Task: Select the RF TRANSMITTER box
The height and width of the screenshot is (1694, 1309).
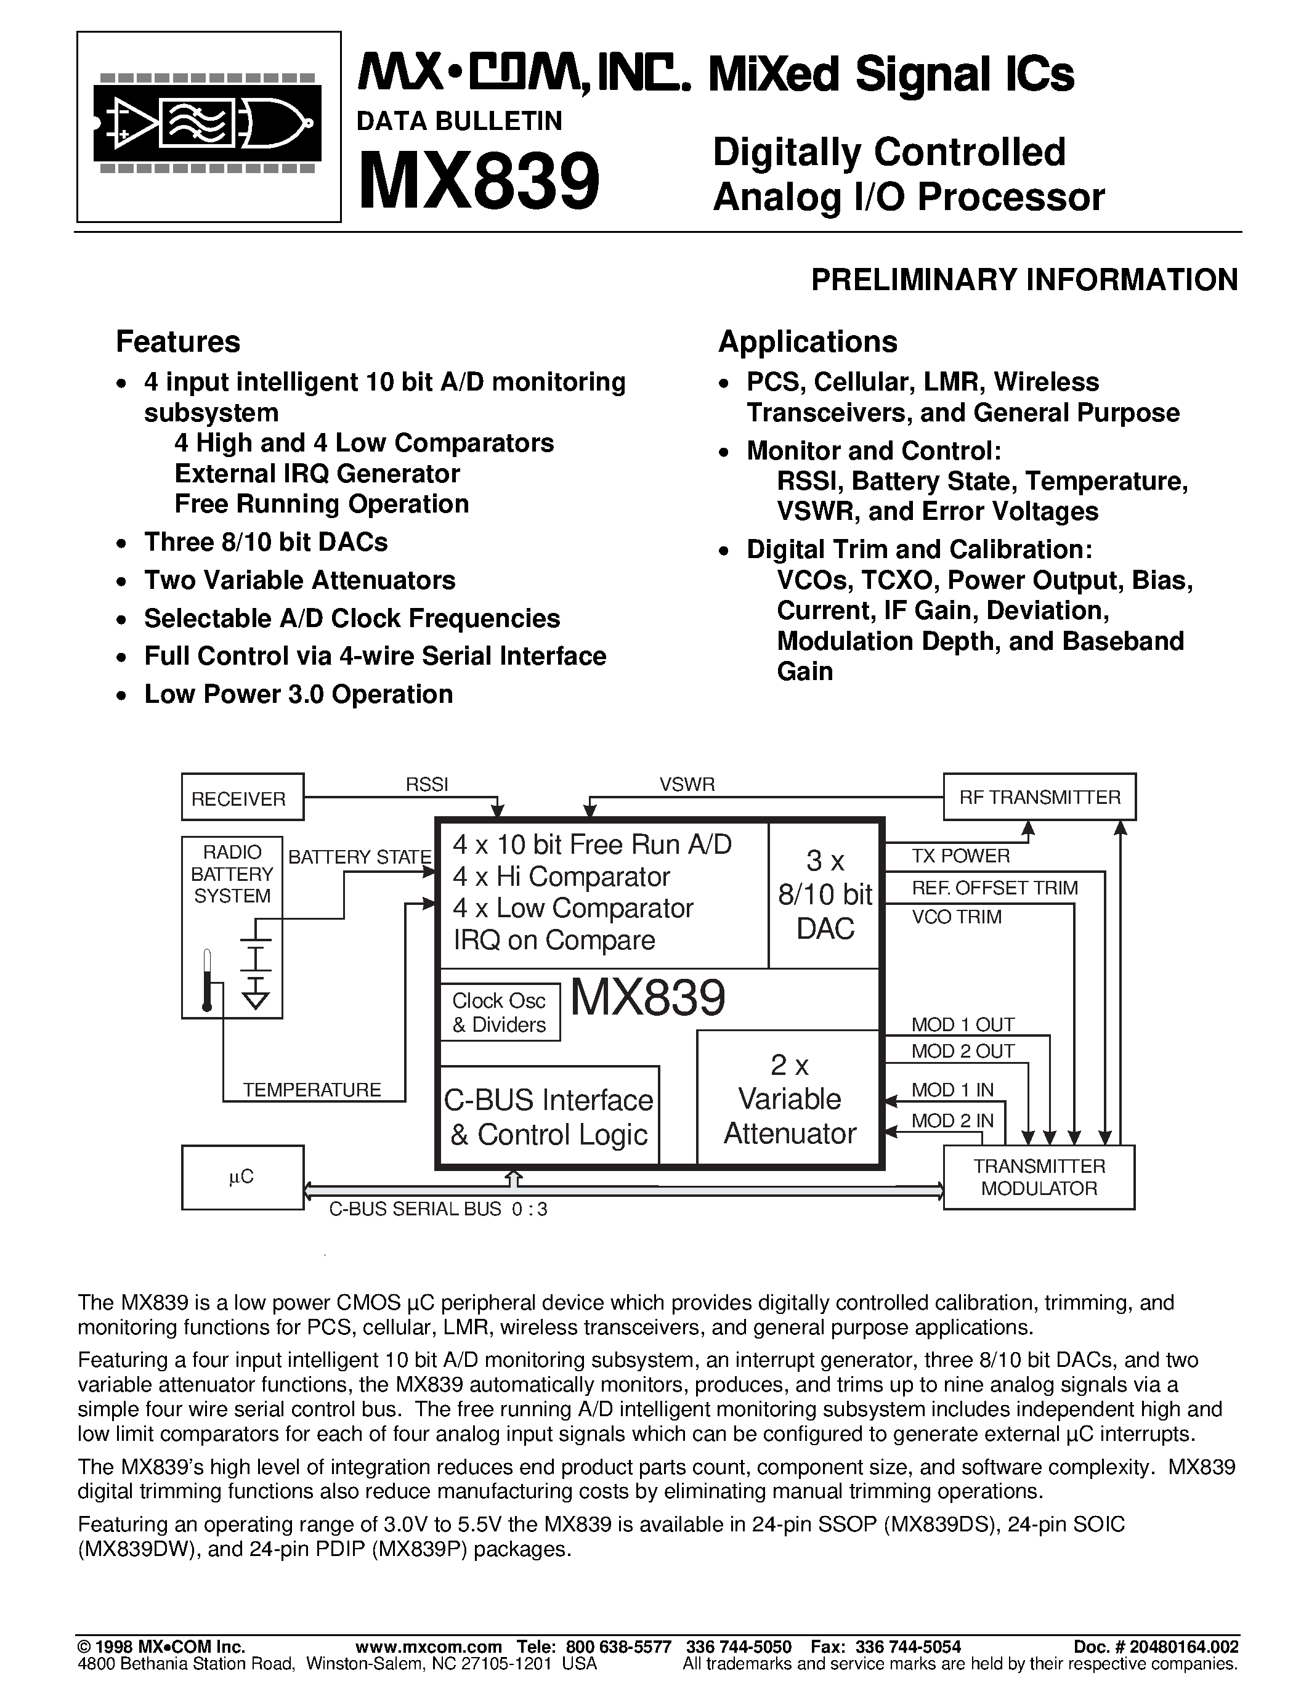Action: click(1039, 796)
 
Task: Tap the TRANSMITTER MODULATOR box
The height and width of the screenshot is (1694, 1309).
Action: click(1039, 1177)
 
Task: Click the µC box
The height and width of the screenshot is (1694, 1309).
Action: click(242, 1177)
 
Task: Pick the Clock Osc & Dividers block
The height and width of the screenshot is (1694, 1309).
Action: click(500, 1012)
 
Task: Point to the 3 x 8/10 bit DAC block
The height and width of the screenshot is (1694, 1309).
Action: click(825, 894)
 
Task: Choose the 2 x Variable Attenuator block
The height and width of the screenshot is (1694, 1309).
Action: click(790, 1099)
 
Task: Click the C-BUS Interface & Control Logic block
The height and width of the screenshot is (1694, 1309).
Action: click(549, 1117)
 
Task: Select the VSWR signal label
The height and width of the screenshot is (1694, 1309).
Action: click(687, 784)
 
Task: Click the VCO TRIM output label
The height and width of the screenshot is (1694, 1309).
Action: click(956, 917)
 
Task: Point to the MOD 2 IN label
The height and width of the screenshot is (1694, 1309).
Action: click(952, 1120)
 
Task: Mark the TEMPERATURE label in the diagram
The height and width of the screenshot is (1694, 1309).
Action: click(312, 1090)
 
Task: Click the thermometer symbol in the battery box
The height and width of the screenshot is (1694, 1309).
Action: click(206, 979)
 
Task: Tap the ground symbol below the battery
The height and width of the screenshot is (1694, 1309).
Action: click(256, 997)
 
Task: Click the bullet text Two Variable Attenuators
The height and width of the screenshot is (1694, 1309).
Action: click(299, 580)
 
